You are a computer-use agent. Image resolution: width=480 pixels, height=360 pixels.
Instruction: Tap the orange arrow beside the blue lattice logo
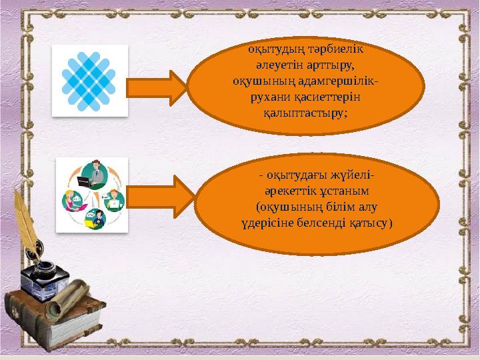point(157,89)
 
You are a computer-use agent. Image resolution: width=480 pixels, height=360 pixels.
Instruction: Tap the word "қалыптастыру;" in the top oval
point(306,112)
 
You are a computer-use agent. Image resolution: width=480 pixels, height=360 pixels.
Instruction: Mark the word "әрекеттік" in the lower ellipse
point(288,191)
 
